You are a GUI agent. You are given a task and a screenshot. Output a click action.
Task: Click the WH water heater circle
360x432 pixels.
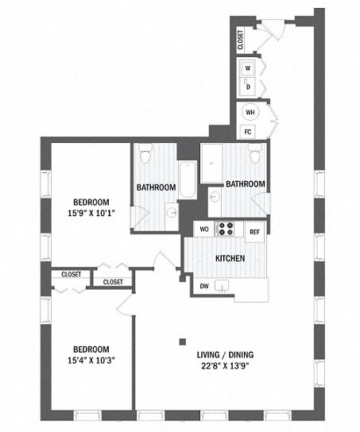pos(250,113)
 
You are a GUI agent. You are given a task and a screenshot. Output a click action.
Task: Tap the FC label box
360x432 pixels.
pos(249,131)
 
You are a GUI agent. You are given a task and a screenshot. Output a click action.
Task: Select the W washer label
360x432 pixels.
pos(248,68)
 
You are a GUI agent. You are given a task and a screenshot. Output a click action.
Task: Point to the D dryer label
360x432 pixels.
pos(248,86)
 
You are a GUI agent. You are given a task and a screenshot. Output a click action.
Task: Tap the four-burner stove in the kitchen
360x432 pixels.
pos(227,229)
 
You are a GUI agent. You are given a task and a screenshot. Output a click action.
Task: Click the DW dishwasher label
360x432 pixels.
pos(204,286)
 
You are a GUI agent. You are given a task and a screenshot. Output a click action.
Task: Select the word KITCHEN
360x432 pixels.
pos(230,259)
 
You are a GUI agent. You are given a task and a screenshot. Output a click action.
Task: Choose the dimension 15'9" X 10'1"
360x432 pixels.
pos(92,211)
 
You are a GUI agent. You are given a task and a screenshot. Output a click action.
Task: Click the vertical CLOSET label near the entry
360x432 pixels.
pos(241,40)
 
